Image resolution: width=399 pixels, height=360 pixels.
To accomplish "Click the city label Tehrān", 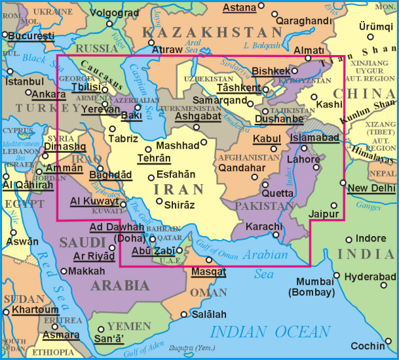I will tap(153, 158).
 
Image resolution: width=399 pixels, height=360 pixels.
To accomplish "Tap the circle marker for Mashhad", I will tap(204, 142).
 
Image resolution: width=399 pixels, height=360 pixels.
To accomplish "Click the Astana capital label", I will tap(239, 8).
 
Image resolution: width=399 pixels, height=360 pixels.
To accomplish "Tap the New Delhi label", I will tap(371, 188).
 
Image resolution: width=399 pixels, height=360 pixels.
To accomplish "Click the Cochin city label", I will tap(366, 346).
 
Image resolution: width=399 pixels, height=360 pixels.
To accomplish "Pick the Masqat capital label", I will tap(208, 271).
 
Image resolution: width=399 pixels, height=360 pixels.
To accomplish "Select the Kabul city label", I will tap(266, 138).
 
